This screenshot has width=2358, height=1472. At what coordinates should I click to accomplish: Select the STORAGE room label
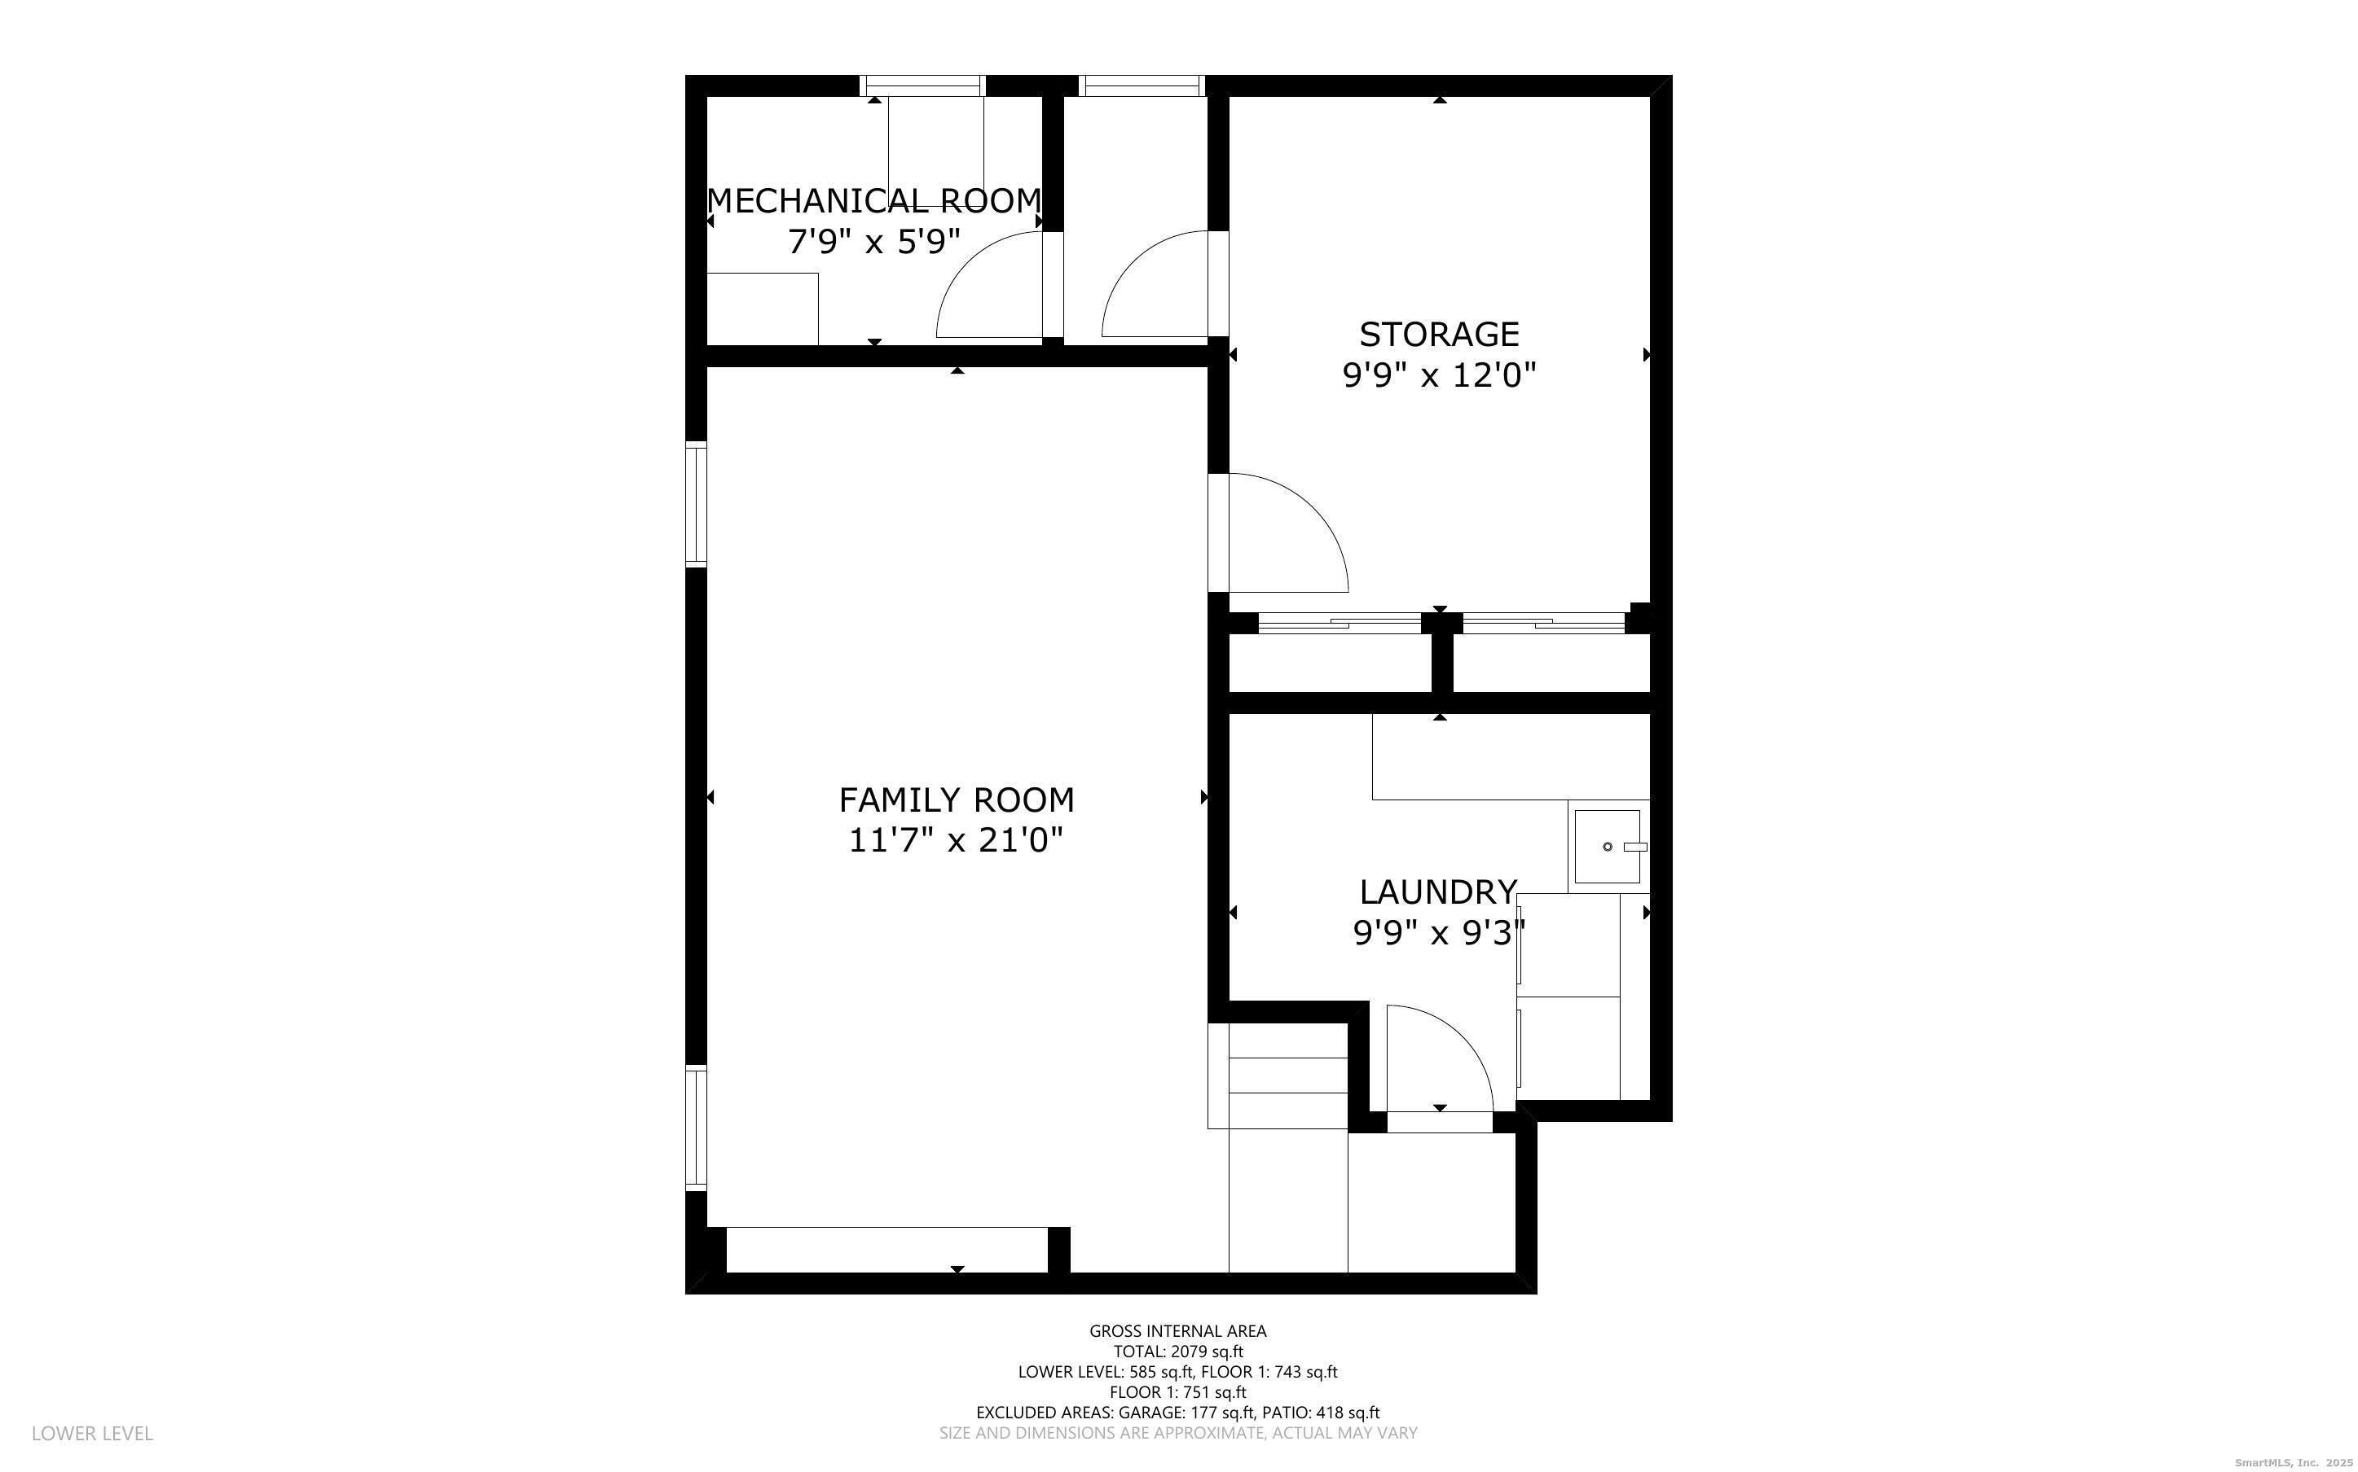coord(1439,334)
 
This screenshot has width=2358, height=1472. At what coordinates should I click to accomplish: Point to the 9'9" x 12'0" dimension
coord(1439,375)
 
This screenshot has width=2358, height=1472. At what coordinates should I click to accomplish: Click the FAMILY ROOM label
coord(957,800)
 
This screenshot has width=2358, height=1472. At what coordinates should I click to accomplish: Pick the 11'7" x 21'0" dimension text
coord(956,840)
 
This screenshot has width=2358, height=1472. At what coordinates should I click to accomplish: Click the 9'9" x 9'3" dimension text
coord(1439,933)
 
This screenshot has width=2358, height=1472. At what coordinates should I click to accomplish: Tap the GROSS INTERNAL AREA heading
coord(1177,1331)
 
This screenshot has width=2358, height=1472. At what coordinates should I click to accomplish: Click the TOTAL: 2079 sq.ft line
coord(1178,1352)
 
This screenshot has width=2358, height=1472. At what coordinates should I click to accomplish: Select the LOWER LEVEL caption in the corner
coord(93,1433)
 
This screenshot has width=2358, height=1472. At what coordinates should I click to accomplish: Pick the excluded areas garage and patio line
coord(1177,1413)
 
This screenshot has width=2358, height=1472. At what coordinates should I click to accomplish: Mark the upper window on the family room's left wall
coord(695,503)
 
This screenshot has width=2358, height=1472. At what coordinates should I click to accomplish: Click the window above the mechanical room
coord(923,85)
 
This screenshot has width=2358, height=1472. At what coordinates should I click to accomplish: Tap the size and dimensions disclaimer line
coord(1177,1433)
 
